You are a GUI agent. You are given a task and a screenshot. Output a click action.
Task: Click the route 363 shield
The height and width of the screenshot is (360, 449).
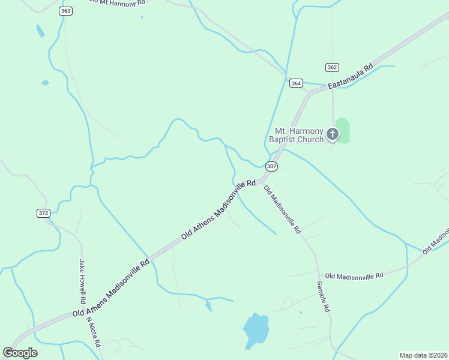pyautogui.click(x=66, y=11)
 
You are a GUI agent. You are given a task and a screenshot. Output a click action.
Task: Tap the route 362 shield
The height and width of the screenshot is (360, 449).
pyautogui.click(x=332, y=67)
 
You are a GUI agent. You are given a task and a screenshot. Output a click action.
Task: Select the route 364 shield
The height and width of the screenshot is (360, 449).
pyautogui.click(x=295, y=83)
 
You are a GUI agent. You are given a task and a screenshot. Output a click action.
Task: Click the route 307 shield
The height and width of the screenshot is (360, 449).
pyautogui.click(x=271, y=166)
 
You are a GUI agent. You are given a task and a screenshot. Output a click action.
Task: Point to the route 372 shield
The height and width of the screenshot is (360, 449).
pyautogui.click(x=43, y=213)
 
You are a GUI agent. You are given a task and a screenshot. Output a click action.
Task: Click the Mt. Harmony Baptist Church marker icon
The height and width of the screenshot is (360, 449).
pyautogui.click(x=333, y=134)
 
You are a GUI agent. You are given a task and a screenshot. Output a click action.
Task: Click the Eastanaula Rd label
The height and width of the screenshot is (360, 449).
pyautogui.click(x=350, y=77)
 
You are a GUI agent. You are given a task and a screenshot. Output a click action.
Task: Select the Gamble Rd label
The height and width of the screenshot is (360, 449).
pyautogui.click(x=323, y=296)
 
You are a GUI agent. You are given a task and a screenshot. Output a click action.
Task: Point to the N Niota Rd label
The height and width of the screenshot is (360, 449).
pyautogui.click(x=93, y=332)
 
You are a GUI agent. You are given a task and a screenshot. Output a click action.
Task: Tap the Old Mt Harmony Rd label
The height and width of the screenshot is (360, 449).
pyautogui.click(x=116, y=2)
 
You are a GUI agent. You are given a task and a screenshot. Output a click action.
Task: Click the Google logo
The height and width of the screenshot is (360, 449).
pyautogui.click(x=20, y=353)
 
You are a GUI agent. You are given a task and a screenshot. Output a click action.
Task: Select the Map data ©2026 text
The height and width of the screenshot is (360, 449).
pyautogui.click(x=423, y=355)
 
